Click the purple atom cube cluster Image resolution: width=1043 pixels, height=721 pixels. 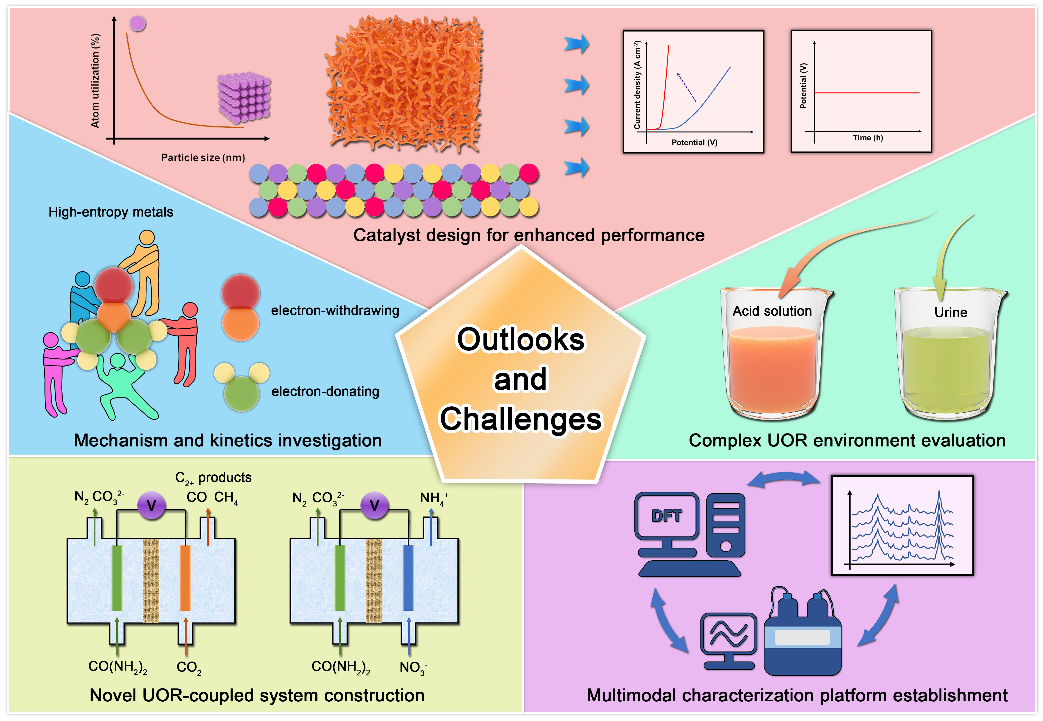pos(244,97)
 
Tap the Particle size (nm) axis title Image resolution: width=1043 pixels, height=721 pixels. pos(203,158)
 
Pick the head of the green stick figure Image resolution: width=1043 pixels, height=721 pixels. pos(118,360)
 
